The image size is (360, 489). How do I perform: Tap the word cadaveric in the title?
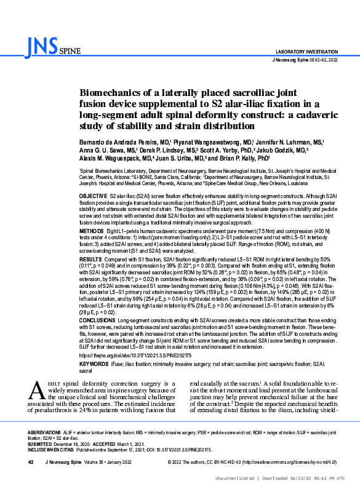(266, 114)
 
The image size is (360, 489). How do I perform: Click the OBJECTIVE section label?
(94, 194)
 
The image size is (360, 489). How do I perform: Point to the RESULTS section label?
(91, 260)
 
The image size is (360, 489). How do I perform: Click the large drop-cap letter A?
(37, 391)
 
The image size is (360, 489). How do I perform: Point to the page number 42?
(30, 463)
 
